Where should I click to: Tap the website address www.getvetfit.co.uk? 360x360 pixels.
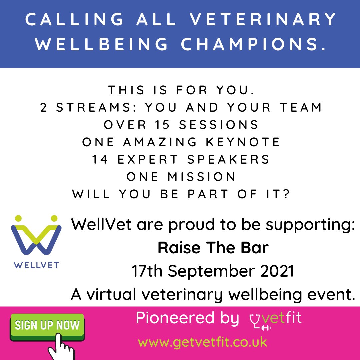pos(203,342)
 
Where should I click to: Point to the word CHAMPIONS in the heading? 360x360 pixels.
pos(256,44)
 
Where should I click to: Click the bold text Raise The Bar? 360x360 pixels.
pos(213,248)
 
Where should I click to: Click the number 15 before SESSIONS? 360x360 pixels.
pos(162,124)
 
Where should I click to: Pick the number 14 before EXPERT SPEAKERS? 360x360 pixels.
pos(100,159)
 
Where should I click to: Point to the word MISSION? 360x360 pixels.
pos(202,177)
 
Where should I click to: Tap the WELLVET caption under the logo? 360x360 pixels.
pos(36,265)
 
